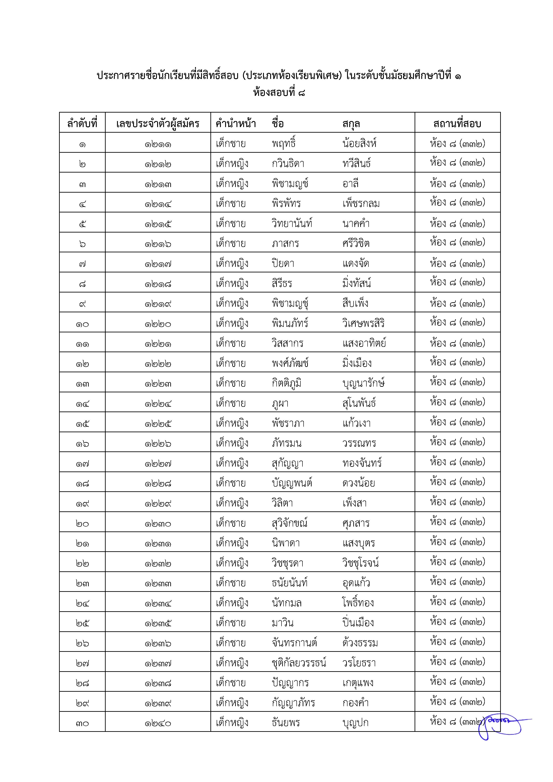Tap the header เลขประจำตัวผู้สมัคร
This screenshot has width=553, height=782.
click(158, 123)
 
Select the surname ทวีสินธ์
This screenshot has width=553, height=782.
click(357, 163)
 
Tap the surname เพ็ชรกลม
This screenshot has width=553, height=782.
click(361, 203)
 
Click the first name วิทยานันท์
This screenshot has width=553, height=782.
click(292, 223)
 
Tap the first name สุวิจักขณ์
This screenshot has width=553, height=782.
click(290, 523)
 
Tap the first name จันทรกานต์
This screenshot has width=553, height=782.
click(294, 643)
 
